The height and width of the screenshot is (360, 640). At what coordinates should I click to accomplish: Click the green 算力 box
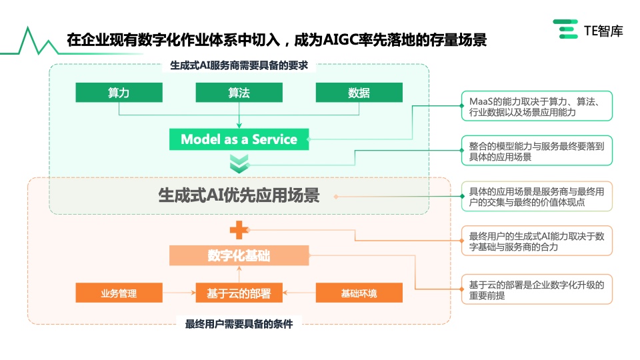click(119, 93)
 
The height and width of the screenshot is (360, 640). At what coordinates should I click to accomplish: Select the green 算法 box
click(239, 93)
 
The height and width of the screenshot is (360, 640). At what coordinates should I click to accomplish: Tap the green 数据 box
click(359, 93)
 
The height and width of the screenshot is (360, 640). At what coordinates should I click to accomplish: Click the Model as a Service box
click(239, 139)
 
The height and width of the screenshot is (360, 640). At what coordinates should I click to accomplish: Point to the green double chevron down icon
click(239, 164)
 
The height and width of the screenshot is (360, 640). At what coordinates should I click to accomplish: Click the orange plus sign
click(239, 230)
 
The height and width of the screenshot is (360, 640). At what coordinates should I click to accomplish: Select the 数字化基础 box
click(239, 255)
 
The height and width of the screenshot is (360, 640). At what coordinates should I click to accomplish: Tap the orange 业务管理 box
click(119, 293)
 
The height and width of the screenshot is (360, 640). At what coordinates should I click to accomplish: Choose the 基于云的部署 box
click(239, 293)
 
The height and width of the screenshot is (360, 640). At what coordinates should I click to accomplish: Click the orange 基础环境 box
click(359, 293)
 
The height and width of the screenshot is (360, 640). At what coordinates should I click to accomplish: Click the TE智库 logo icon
click(566, 29)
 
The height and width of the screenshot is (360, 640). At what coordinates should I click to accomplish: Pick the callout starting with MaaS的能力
click(537, 106)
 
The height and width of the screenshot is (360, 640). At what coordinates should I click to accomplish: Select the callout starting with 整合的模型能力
click(537, 151)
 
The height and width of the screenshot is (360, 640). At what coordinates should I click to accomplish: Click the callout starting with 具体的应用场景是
click(537, 196)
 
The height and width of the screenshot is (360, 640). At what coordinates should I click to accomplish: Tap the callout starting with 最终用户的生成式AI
click(537, 241)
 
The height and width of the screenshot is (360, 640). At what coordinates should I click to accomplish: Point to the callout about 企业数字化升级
click(537, 289)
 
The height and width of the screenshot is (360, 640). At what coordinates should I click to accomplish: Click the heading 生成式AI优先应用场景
click(239, 195)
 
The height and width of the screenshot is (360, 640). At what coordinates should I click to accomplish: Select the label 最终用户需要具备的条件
click(239, 324)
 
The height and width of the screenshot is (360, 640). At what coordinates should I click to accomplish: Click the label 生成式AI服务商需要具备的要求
click(239, 65)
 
